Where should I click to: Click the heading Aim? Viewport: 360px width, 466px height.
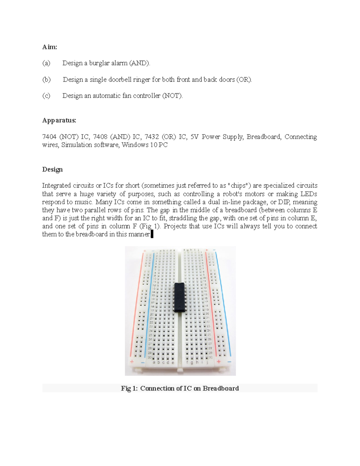coord(49,47)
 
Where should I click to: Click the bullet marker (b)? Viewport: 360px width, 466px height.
coord(46,80)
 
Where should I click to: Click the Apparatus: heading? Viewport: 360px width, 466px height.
coord(59,120)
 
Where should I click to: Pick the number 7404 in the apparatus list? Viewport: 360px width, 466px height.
coord(49,137)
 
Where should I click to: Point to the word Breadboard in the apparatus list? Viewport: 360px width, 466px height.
coord(264,137)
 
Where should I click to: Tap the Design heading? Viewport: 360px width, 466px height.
coord(52,170)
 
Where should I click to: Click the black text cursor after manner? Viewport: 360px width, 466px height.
coord(152,234)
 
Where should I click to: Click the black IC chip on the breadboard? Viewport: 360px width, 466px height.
coord(180,297)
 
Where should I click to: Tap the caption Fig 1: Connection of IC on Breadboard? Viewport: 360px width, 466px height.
coord(180,388)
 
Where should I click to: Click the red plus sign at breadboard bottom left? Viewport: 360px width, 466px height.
coord(131,361)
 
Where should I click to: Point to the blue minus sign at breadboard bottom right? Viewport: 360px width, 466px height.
coord(229,362)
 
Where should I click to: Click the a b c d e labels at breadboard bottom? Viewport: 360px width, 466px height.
coord(163,362)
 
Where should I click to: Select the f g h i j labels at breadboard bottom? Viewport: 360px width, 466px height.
coord(197,362)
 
